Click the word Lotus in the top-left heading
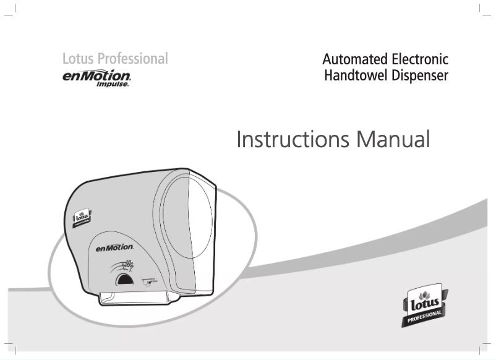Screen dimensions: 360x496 tap(79, 59)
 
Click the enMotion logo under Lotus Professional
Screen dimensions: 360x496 tap(96, 76)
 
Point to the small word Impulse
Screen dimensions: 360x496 tap(113, 85)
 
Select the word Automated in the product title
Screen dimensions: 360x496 tap(355, 60)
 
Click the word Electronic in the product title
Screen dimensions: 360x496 tap(420, 60)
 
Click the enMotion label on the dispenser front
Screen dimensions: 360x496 tap(114, 247)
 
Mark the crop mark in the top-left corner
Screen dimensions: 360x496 tap(14, 12)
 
